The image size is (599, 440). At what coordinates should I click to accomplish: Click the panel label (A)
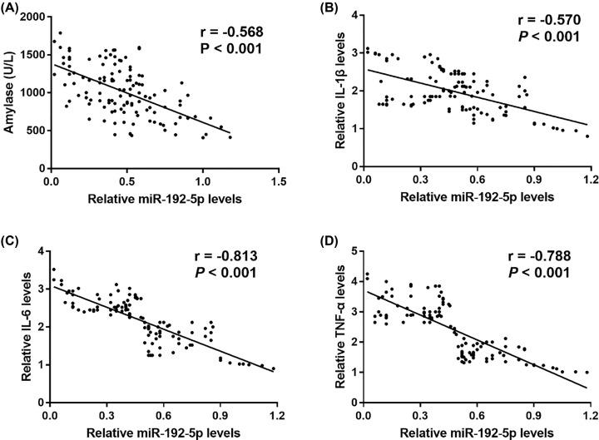(x=12, y=7)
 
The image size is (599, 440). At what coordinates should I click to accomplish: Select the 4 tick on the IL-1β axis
(x=353, y=16)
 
